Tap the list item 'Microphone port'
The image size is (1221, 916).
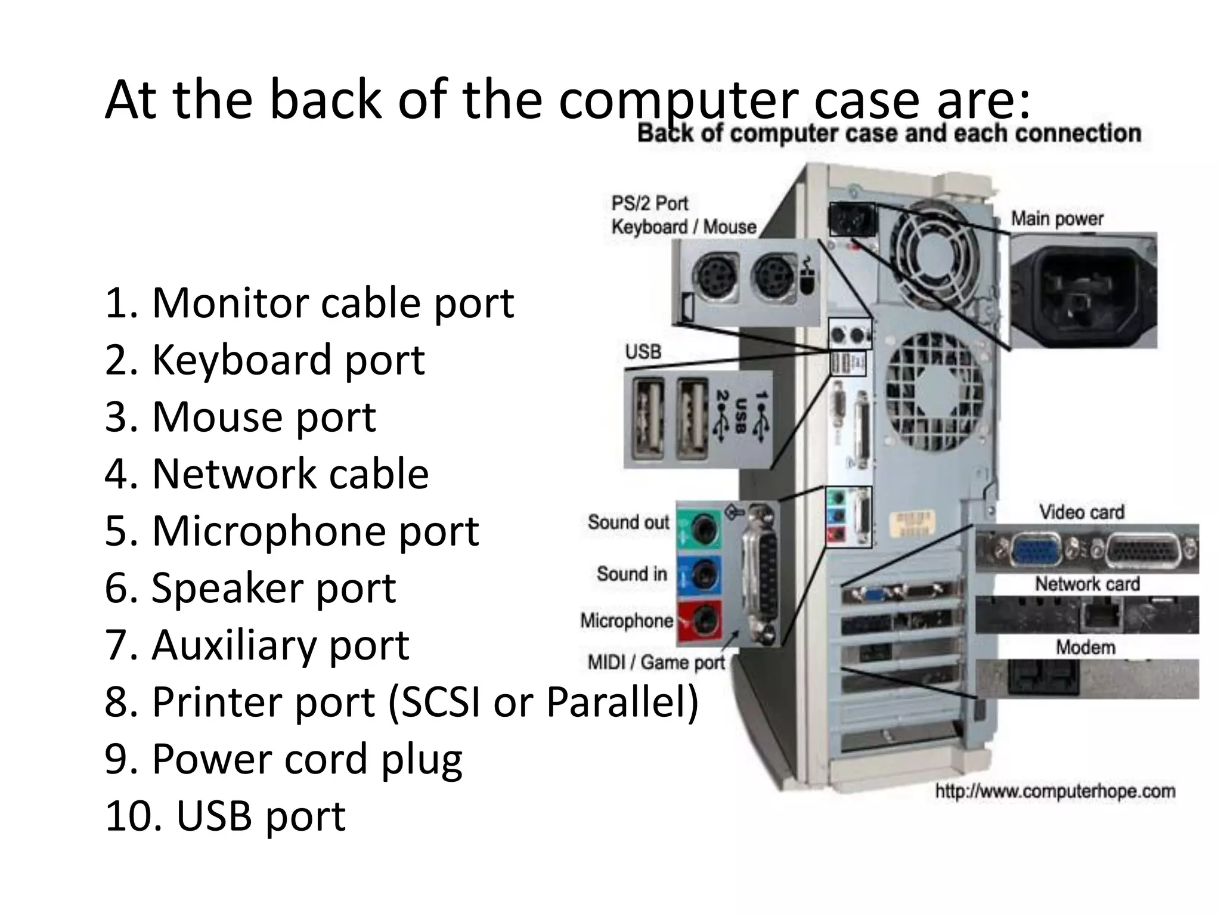[292, 530]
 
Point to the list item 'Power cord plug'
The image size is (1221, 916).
[283, 759]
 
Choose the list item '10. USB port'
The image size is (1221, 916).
[225, 816]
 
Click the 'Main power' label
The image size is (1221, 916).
[1057, 219]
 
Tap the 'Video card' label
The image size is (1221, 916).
[1081, 512]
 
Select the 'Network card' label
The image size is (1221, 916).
[1087, 584]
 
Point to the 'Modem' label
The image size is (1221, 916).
[1085, 647]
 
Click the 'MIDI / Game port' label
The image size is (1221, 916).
[656, 663]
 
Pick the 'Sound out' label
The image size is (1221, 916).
[628, 522]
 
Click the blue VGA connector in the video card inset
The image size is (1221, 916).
[1037, 550]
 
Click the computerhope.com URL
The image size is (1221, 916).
[1055, 792]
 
